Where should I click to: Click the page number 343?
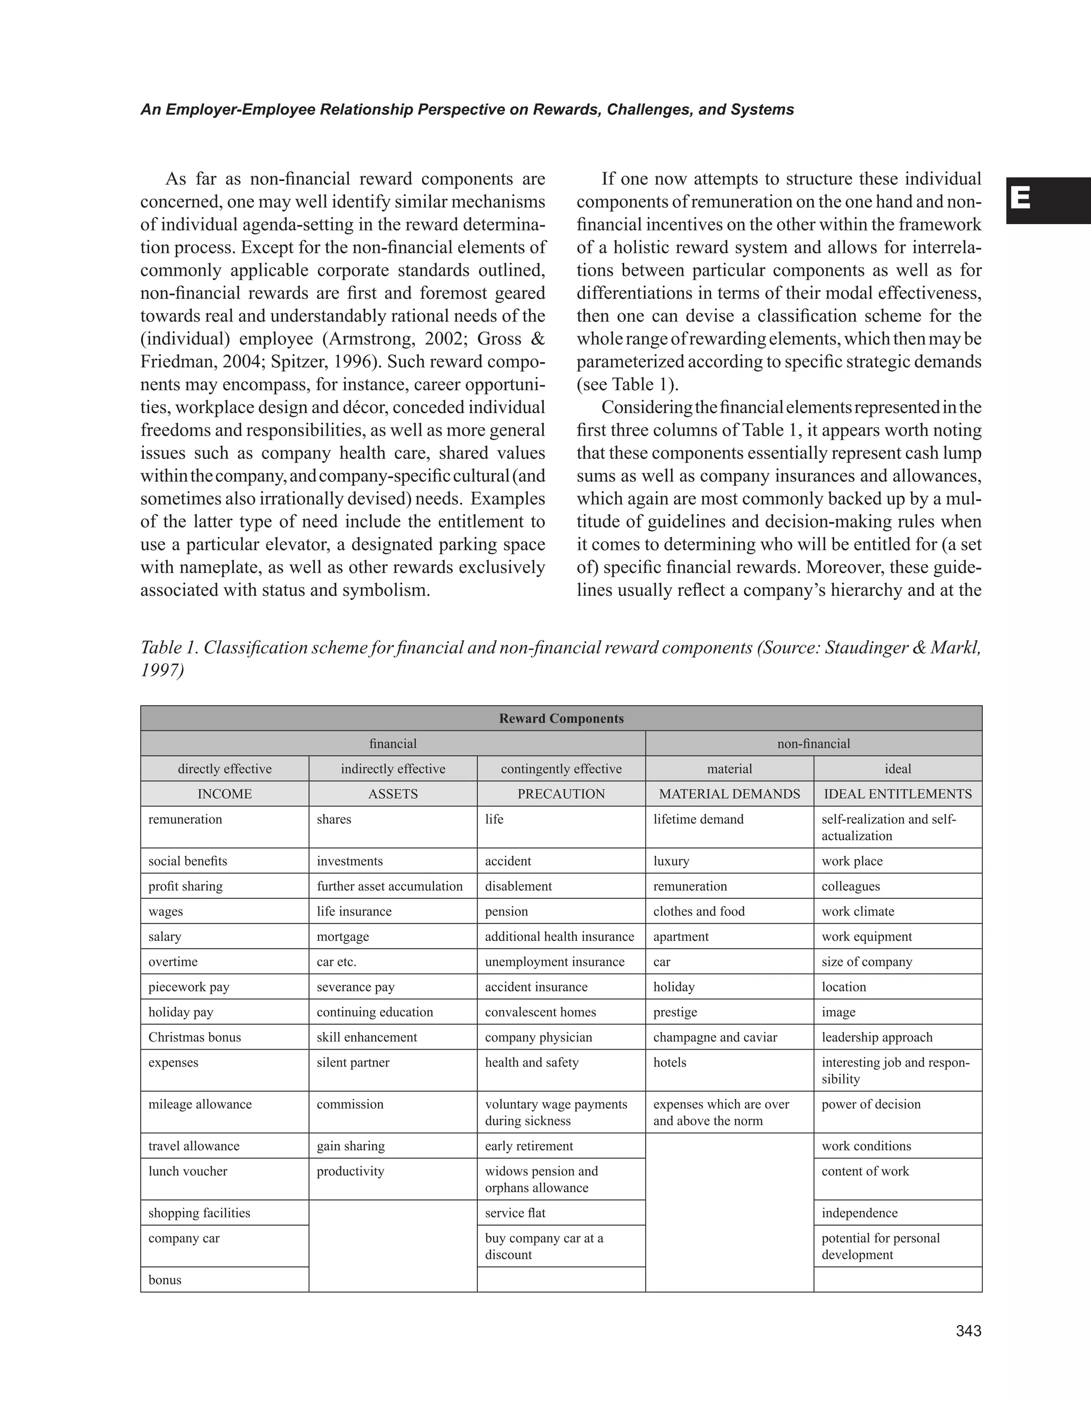click(968, 1331)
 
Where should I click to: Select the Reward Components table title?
click(561, 718)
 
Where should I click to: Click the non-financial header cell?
click(813, 743)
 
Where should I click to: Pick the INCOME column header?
click(224, 793)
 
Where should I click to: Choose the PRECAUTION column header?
click(561, 793)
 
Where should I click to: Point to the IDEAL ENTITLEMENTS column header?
click(898, 793)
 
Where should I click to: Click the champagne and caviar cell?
click(715, 1037)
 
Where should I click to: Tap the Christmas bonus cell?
click(194, 1037)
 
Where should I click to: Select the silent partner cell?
click(353, 1062)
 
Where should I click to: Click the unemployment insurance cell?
click(555, 962)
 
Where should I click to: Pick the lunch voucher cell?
click(188, 1171)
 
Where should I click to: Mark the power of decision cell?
click(871, 1104)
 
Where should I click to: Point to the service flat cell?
click(515, 1212)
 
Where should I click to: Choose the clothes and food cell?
click(698, 911)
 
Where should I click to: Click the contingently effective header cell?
click(561, 768)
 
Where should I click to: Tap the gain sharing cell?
click(351, 1146)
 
